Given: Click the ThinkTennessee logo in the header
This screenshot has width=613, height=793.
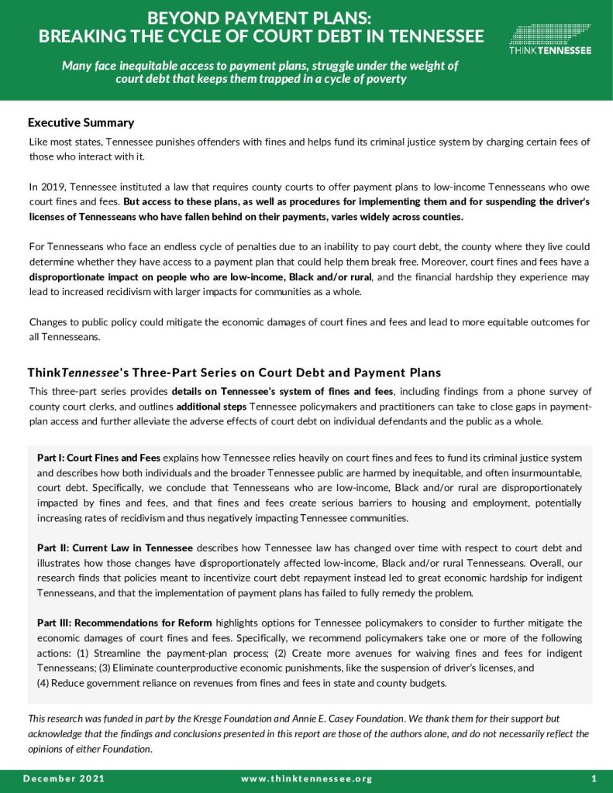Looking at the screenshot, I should pos(550,38).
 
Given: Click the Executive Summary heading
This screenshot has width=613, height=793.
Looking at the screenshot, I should pos(81,122).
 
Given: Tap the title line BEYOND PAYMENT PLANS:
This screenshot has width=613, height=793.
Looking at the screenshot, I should pos(261,17).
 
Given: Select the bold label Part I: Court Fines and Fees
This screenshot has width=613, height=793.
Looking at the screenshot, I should pos(98,458).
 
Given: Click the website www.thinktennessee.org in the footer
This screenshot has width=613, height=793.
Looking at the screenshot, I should pos(307,778).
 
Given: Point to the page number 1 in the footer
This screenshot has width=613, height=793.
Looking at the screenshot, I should pos(593,778).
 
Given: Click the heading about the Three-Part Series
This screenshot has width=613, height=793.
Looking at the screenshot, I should pos(234,372).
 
